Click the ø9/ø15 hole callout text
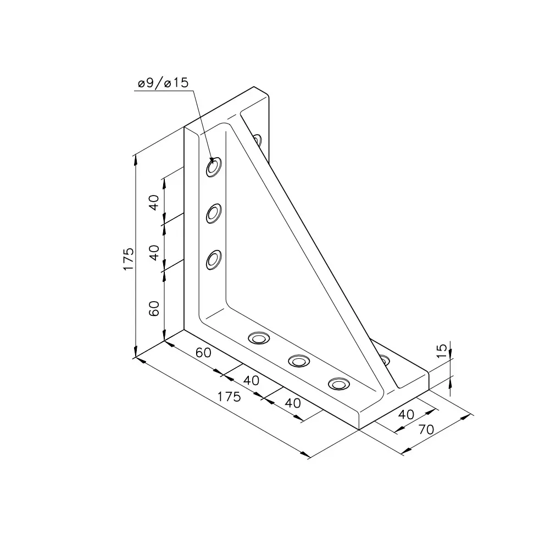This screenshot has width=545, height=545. pos(163,83)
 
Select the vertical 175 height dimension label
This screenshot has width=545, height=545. pos(128,259)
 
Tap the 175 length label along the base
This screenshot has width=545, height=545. pos(229,396)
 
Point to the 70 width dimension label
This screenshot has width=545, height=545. pos(426,430)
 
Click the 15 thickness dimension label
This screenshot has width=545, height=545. pos(441,351)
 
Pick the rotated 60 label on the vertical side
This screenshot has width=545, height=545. pos(154,308)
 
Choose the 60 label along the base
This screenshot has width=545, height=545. pos(203,353)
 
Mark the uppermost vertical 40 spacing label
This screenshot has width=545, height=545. pos(154,202)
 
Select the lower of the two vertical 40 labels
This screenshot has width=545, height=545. pos(154,253)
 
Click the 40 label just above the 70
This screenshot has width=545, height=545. pos(406,414)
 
